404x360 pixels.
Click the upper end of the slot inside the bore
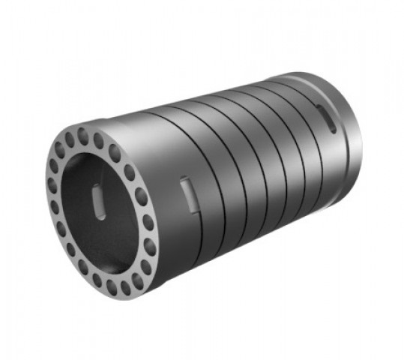point(95,190)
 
